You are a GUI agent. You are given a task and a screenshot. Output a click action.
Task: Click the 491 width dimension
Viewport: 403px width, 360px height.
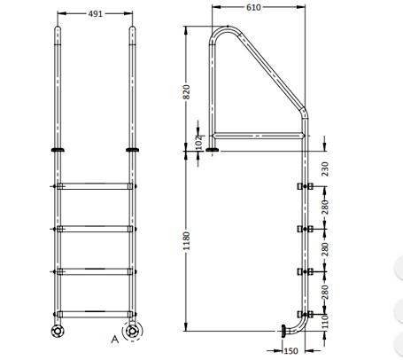[x=97, y=14]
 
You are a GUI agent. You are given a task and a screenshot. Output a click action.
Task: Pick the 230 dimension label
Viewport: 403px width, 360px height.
[x=325, y=168]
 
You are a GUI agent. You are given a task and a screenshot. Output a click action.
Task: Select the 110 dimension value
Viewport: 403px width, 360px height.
[x=325, y=320]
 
